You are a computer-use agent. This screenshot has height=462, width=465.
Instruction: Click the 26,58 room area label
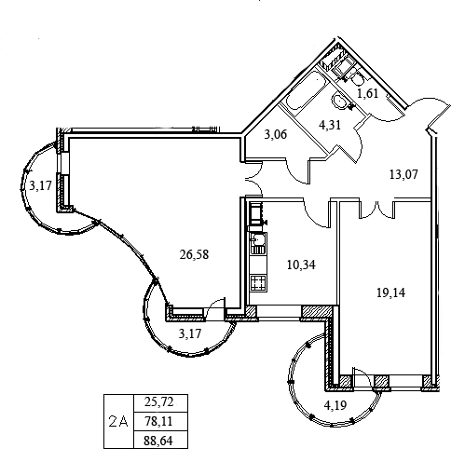[x=194, y=254]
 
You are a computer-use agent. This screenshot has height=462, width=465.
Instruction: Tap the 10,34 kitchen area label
[x=301, y=265]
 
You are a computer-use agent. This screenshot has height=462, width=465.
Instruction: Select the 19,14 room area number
[x=390, y=292]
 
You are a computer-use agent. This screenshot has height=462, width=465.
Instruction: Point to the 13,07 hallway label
[x=403, y=174]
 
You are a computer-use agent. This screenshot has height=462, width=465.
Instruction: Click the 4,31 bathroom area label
[x=330, y=125]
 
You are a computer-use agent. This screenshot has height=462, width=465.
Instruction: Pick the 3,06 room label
[x=276, y=134]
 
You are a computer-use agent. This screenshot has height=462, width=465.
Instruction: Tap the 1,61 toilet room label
[x=367, y=93]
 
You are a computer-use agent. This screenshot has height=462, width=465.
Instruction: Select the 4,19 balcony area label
[x=335, y=405]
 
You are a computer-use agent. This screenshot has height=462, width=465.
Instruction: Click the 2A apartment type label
[x=118, y=422]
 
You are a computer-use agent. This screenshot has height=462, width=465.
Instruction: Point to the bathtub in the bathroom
[x=306, y=90]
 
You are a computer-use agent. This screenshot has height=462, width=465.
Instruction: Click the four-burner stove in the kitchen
[x=258, y=282]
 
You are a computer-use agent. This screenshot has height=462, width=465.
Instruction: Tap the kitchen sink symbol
[x=258, y=243]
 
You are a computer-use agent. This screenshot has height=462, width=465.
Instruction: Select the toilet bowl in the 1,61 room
[x=357, y=78]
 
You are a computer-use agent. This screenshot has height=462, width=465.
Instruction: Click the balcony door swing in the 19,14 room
[x=362, y=378]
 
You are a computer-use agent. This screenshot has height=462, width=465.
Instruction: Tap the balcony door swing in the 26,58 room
[x=215, y=308]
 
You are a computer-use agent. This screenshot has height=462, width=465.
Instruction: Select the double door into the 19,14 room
[x=377, y=210]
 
